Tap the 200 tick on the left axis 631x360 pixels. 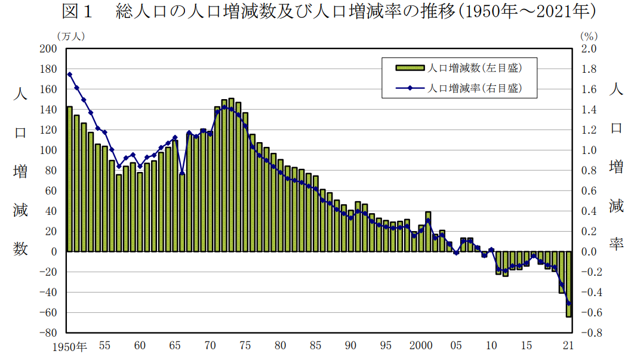48,49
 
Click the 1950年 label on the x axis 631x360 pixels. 69,346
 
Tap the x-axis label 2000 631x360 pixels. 421,346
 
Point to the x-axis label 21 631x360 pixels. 568,346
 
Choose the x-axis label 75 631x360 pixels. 245,346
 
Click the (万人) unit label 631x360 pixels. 70,36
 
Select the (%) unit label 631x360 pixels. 588,36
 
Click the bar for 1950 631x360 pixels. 70,179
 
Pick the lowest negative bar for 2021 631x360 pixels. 569,293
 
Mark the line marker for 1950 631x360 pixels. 70,75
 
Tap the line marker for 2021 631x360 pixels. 569,303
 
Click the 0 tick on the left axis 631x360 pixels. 53,252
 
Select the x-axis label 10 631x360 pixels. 491,346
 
